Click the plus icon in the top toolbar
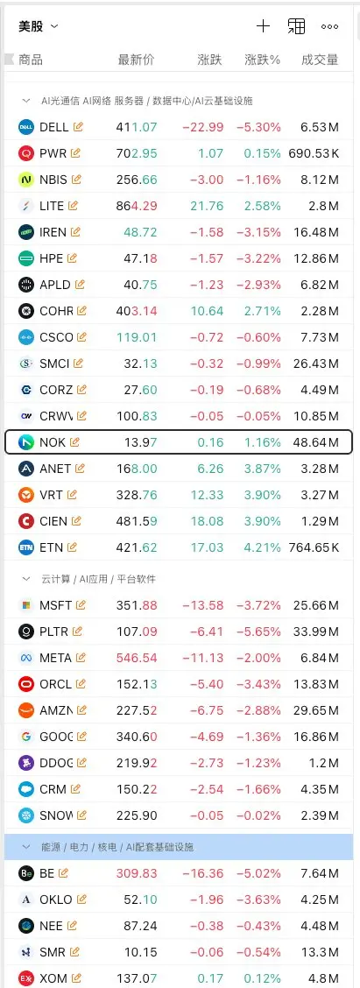tap(263, 25)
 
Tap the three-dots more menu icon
tap(329, 26)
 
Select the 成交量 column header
tap(320, 60)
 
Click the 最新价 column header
tap(136, 60)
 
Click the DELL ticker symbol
tap(53, 127)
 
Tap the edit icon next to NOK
tap(75, 441)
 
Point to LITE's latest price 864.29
tap(137, 206)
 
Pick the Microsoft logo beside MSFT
tap(26, 605)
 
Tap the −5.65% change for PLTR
tap(259, 632)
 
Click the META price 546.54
tap(137, 658)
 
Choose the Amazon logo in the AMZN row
tap(26, 710)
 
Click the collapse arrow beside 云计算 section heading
tap(26, 578)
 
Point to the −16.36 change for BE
tap(203, 873)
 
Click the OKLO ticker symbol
tap(55, 900)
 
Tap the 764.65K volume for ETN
tap(314, 547)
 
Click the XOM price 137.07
tap(137, 978)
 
